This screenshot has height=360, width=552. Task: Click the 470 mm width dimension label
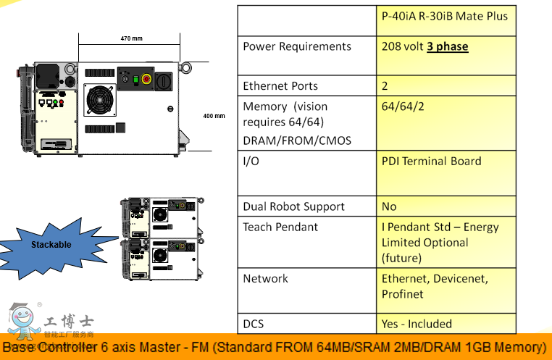point(131,38)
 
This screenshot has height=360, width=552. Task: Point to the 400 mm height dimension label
point(214,116)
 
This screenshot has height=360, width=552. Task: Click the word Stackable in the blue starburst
point(51,245)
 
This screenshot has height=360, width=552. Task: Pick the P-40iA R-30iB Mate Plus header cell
point(445,16)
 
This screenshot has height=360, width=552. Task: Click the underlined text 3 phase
point(447,46)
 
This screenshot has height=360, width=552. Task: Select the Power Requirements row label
point(297,46)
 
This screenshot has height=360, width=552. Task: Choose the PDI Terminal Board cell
point(431,161)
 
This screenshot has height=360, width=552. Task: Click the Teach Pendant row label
point(280,227)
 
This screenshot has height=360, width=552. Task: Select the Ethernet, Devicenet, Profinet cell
point(435,286)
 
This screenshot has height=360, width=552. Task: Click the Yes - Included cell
point(417,324)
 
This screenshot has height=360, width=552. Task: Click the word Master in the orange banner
point(170,347)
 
